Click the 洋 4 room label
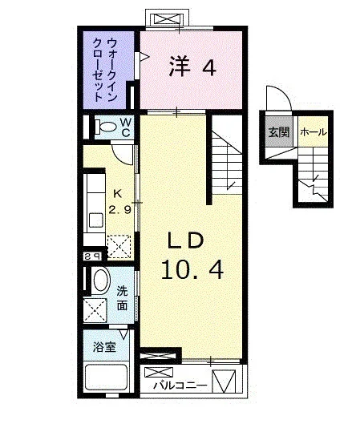[x=192, y=66]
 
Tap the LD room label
[x=186, y=240]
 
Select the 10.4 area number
[x=192, y=270]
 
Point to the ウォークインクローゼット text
[x=105, y=70]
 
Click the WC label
[x=126, y=127]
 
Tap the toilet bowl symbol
[x=106, y=127]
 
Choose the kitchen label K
[x=118, y=194]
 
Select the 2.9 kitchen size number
[x=119, y=210]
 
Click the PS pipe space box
[x=92, y=257]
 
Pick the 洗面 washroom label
[x=122, y=298]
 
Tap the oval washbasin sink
[x=101, y=281]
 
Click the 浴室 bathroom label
[x=104, y=347]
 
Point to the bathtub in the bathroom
[x=107, y=377]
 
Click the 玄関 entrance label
[x=279, y=132]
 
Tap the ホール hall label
[x=313, y=132]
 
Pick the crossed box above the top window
[x=168, y=19]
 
